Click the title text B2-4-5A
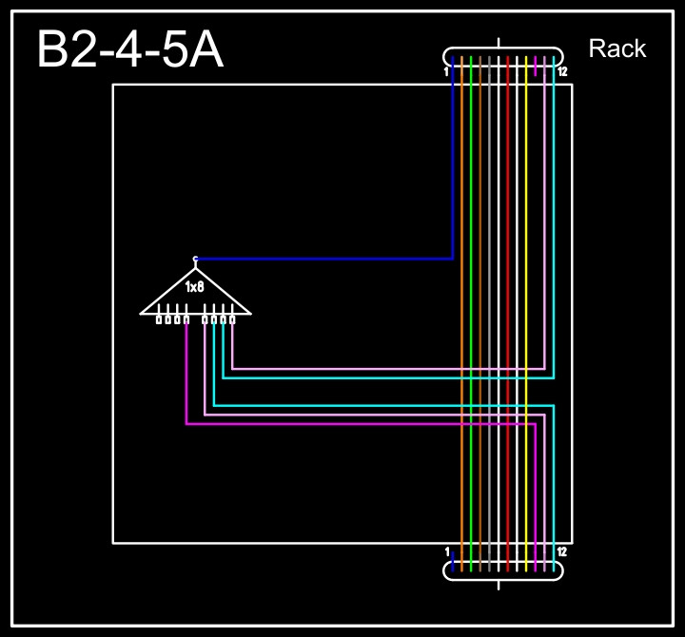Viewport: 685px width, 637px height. coord(130,49)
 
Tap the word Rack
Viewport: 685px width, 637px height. coord(617,48)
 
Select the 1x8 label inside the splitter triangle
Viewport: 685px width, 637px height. coord(195,286)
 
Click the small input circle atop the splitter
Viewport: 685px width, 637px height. coord(195,258)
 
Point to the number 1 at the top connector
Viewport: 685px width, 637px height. coord(446,72)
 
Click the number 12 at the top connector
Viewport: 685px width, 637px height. coord(563,72)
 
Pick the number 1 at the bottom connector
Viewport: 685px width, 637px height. coord(446,552)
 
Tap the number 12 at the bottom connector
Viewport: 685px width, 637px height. coord(562,552)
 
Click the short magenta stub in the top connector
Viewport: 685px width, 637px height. coord(536,67)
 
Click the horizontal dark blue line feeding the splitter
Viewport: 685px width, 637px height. coord(323,259)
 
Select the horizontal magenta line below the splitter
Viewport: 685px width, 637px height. coord(362,424)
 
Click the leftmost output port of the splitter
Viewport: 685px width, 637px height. coord(159,319)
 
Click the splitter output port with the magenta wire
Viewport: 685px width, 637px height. coord(186,319)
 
